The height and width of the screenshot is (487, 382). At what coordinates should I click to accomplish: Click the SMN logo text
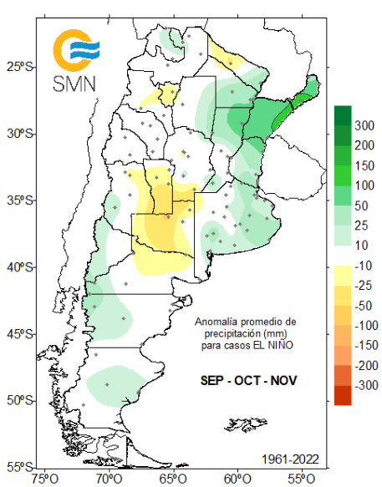click(x=74, y=83)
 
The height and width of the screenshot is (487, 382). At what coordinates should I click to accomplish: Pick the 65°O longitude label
click(x=172, y=479)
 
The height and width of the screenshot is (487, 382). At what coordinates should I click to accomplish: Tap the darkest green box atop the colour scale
click(x=342, y=114)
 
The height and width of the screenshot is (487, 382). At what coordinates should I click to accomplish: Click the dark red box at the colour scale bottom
click(x=342, y=395)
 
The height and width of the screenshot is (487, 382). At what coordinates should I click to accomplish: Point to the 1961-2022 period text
click(x=290, y=459)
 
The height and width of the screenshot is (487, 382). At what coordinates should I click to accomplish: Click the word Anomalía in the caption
click(x=214, y=322)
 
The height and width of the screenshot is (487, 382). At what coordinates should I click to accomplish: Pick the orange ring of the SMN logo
click(x=59, y=52)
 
